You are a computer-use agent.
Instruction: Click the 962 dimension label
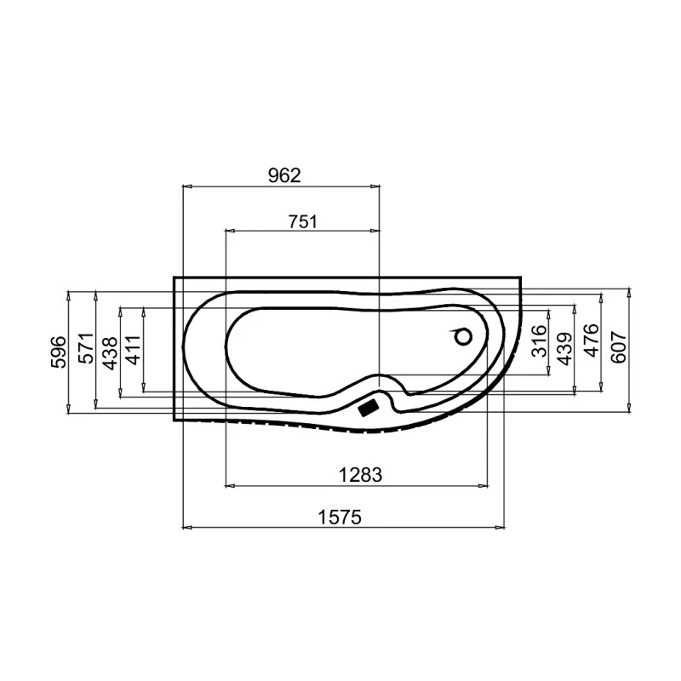[x=284, y=175]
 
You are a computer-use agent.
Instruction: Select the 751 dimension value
[x=302, y=221]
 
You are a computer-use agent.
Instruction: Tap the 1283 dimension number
[x=361, y=475]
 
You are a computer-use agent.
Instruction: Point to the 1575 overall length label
[x=340, y=517]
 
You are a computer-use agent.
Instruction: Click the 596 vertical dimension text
[x=58, y=351]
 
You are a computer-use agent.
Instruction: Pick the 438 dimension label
[x=110, y=351]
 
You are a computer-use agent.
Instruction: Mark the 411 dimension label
[x=133, y=351]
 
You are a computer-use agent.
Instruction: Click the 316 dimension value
[x=537, y=341]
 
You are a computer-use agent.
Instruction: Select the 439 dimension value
[x=562, y=346]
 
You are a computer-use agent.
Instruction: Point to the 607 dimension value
[x=618, y=346]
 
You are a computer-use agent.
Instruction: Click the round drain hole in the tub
[x=463, y=337]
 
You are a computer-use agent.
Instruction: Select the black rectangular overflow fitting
[x=369, y=408]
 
